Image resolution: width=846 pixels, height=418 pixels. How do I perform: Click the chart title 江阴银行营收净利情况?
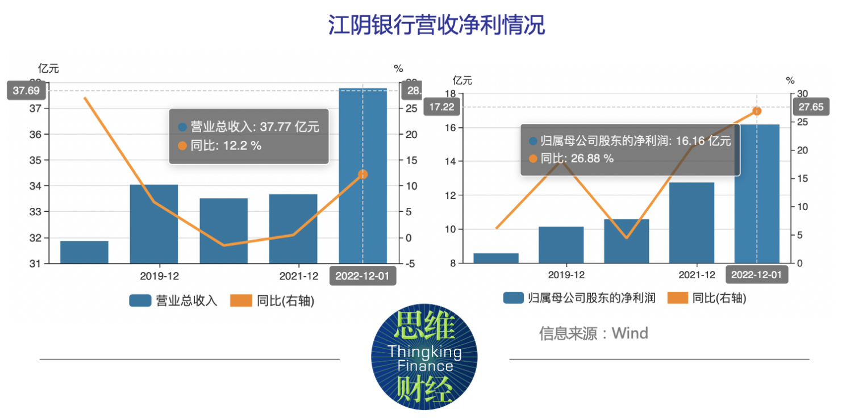point(436,26)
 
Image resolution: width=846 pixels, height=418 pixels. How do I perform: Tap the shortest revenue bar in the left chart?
point(84,252)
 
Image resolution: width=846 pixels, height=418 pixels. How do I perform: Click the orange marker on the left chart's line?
point(363,174)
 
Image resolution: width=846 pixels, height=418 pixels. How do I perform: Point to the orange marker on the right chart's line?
point(757,111)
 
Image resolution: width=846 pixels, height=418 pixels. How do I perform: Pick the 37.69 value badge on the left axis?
point(27,90)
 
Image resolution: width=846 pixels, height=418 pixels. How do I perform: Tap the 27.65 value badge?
point(811,107)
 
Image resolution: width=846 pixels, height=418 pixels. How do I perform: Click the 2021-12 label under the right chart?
point(697,275)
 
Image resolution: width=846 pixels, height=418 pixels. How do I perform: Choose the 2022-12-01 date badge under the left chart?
point(363,276)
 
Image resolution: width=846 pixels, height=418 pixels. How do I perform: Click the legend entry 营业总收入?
point(173,300)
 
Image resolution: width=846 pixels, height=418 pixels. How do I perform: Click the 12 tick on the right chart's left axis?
point(449,195)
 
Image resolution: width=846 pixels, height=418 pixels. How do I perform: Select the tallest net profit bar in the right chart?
point(757,193)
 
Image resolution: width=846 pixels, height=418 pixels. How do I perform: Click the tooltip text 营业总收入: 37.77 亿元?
point(254,127)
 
